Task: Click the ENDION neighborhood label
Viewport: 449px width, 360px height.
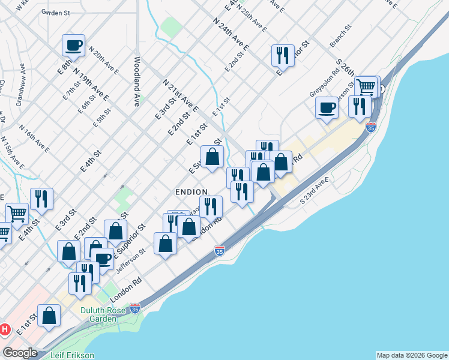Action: point(191,191)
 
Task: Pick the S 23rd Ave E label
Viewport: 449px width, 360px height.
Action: point(315,191)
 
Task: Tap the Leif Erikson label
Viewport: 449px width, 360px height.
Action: point(72,355)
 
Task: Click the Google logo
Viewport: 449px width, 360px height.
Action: point(20,352)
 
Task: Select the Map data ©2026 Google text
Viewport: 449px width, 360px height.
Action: point(411,355)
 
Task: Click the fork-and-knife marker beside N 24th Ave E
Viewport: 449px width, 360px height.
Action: point(282,55)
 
